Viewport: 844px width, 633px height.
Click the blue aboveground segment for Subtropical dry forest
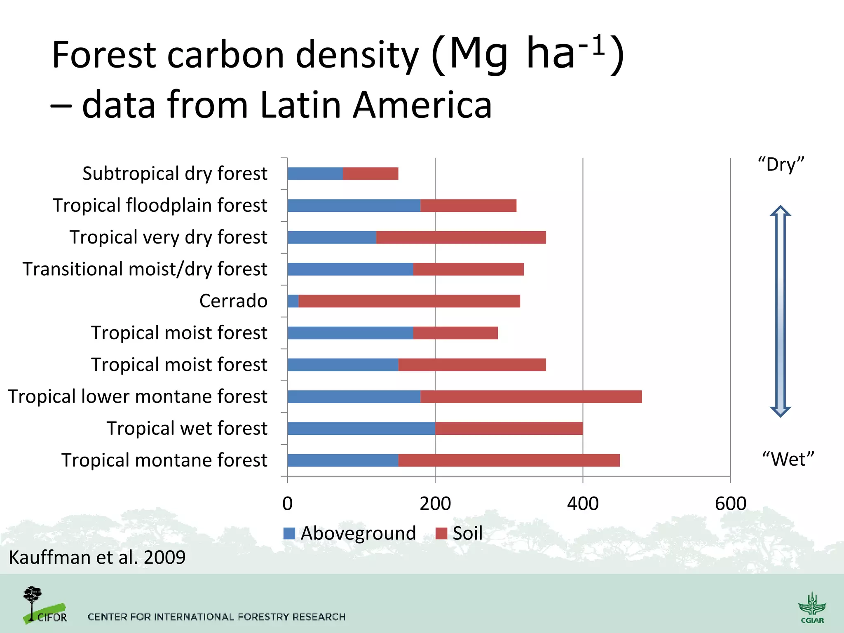coord(315,174)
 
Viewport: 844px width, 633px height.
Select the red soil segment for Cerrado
coord(409,301)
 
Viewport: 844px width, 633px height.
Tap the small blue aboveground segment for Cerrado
coord(293,301)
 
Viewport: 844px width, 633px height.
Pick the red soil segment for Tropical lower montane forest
coord(531,397)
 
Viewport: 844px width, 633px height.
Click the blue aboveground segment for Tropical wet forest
coord(361,429)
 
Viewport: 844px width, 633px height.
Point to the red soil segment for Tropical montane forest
coord(509,460)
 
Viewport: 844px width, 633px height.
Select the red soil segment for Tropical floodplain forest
coord(468,206)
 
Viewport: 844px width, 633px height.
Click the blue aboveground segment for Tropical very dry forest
coord(332,237)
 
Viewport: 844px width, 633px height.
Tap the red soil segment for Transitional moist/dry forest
coord(468,270)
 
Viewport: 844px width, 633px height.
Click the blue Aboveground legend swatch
coord(289,533)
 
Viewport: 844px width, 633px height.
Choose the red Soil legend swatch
coord(441,533)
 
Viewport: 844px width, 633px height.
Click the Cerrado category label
coord(233,301)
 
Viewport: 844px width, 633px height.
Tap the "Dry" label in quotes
coord(781,164)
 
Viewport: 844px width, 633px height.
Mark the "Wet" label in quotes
coord(788,459)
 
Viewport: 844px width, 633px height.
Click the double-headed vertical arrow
coord(781,311)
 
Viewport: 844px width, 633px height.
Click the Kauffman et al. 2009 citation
coord(97,557)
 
